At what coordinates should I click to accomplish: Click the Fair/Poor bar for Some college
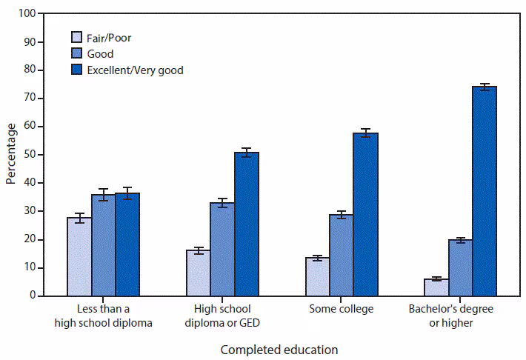[317, 276]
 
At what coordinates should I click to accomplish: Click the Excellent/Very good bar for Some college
[365, 214]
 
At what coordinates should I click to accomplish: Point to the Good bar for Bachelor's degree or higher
[460, 267]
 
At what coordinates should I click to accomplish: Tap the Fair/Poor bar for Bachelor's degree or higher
[436, 287]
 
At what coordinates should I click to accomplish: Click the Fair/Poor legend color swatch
[76, 37]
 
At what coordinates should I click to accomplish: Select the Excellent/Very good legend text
[136, 70]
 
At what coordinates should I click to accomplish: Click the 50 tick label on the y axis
[29, 154]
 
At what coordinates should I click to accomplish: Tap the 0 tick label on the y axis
[32, 296]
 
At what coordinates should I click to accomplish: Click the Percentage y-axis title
[10, 154]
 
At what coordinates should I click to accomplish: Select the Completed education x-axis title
[279, 348]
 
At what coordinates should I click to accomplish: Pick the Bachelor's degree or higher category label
[461, 314]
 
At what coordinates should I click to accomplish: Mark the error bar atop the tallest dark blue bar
[485, 87]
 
